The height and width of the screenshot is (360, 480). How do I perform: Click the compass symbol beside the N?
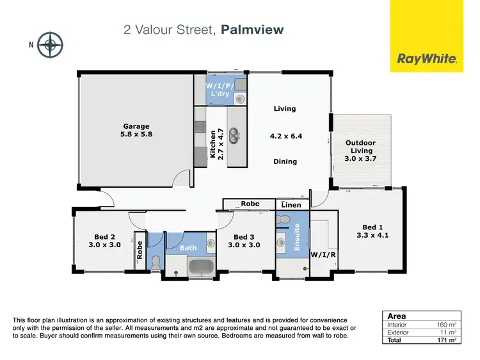[49, 45]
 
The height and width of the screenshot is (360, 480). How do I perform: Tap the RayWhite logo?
[427, 59]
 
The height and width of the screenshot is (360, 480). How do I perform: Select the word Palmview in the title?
[252, 29]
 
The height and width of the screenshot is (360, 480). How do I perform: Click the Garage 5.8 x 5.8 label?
[136, 131]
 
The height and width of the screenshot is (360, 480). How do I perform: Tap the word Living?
[285, 108]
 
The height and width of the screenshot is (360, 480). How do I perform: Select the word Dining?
[285, 161]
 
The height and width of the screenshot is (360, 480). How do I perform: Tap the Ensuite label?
[297, 236]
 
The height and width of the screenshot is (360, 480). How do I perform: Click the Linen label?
[291, 204]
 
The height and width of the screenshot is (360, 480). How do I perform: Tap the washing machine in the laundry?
[240, 99]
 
